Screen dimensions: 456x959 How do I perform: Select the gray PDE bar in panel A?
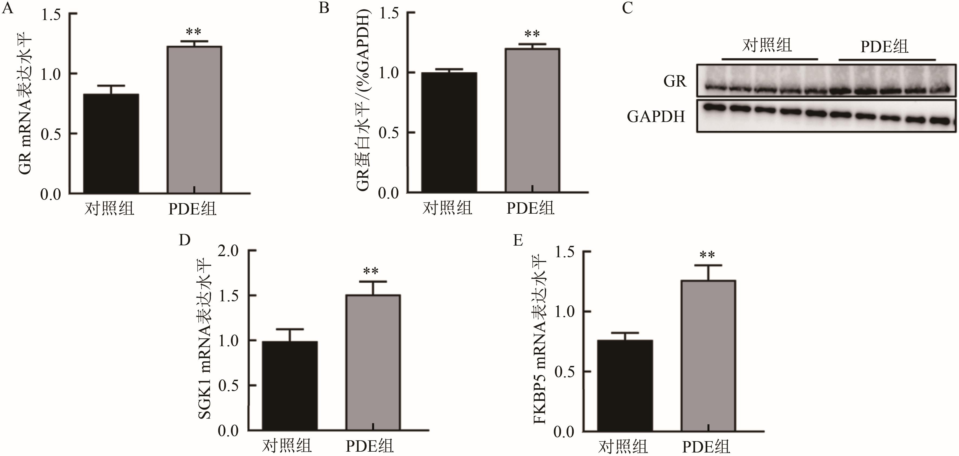pyautogui.click(x=194, y=119)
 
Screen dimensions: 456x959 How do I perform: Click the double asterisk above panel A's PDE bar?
pyautogui.click(x=194, y=32)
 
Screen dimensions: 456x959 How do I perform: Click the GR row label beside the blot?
pyautogui.click(x=675, y=81)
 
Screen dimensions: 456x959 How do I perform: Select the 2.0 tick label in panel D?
pyautogui.click(x=228, y=251)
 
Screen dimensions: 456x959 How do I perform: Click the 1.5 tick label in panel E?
pyautogui.click(x=564, y=252)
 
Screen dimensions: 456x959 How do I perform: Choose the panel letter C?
pyautogui.click(x=627, y=8)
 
